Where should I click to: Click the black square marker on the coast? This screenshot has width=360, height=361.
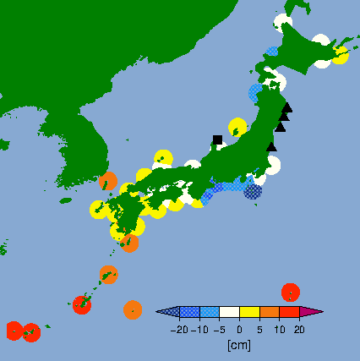click(x=217, y=139)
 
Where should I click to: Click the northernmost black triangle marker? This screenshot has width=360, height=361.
click(x=287, y=107)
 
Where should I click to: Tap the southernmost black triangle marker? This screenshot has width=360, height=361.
click(x=271, y=147)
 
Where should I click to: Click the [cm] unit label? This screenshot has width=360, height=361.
click(x=239, y=345)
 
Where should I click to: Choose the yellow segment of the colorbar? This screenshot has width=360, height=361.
click(x=249, y=312)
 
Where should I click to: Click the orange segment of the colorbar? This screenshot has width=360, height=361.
click(x=269, y=312)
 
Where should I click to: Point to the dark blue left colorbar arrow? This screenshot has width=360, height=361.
click(x=168, y=312)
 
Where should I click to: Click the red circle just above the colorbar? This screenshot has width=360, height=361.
click(x=290, y=292)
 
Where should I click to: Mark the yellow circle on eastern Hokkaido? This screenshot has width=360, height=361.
click(x=340, y=55)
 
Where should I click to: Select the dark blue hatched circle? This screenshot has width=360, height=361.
click(x=253, y=191)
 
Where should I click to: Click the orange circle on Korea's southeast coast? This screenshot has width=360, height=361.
click(x=108, y=181)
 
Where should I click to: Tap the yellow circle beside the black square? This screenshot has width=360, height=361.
click(x=237, y=128)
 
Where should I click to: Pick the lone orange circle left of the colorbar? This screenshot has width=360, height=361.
click(x=132, y=309)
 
